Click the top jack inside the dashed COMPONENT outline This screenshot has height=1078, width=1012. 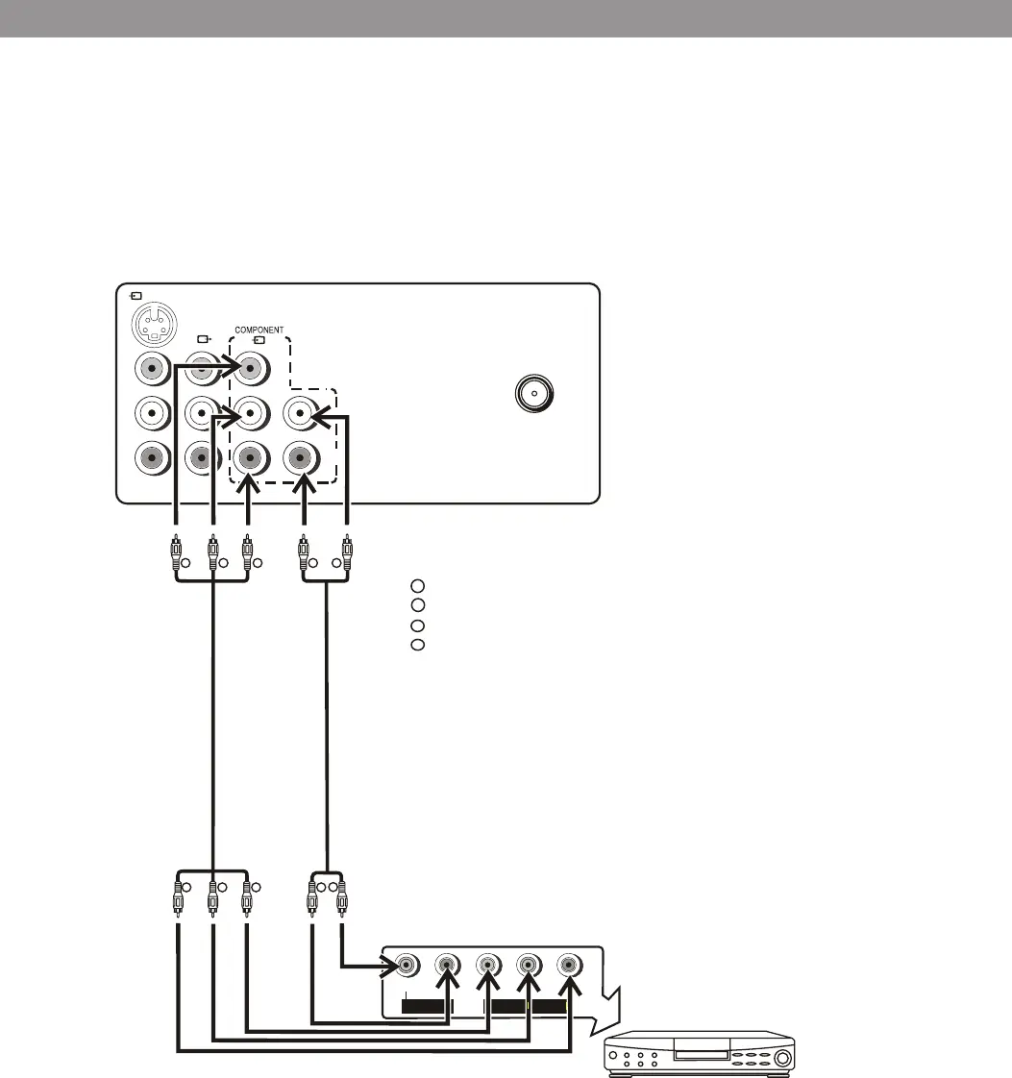tap(251, 368)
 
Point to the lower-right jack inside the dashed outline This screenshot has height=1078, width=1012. tap(302, 455)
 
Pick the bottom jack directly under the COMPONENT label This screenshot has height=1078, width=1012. tap(251, 455)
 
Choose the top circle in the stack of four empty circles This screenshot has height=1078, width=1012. tap(417, 585)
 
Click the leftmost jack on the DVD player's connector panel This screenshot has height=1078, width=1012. tap(407, 965)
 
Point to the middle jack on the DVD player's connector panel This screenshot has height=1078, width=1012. tap(488, 965)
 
